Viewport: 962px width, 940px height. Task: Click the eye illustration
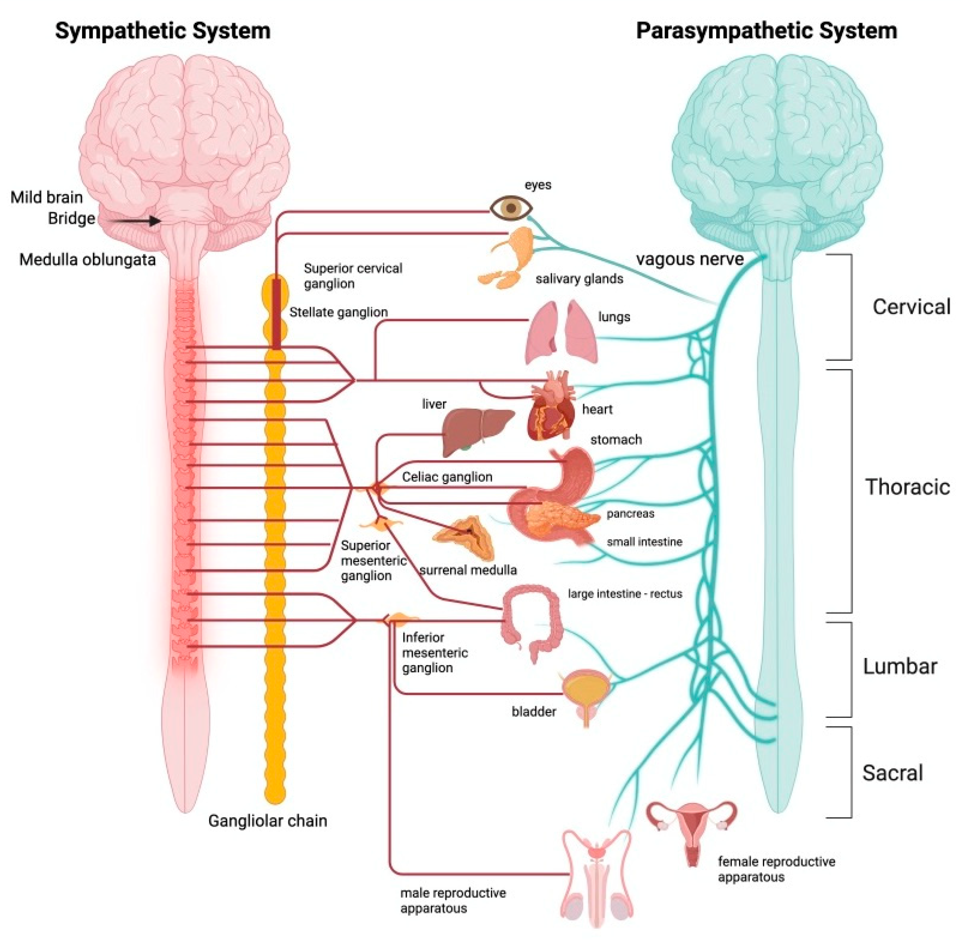(x=511, y=208)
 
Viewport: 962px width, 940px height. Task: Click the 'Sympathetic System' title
(x=163, y=31)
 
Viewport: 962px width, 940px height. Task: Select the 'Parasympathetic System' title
(x=766, y=31)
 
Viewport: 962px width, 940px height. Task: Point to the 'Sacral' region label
(x=892, y=773)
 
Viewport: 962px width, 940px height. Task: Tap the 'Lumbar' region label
(x=900, y=666)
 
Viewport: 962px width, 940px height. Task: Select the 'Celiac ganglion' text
(x=447, y=476)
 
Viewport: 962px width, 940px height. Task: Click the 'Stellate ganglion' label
(x=338, y=312)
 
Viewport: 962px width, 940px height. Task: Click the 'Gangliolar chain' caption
(x=267, y=820)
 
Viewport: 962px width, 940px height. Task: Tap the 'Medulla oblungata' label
(x=87, y=259)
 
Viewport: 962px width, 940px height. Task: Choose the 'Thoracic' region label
(x=908, y=487)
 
